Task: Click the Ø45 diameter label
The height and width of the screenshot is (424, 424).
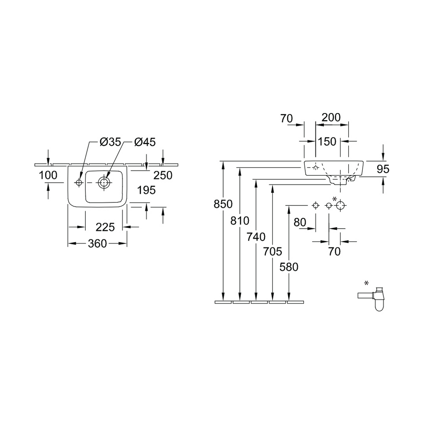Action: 145,142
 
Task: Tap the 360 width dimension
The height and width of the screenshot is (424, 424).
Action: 97,243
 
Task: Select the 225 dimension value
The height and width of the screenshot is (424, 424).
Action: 105,227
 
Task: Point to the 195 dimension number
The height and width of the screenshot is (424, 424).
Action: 146,190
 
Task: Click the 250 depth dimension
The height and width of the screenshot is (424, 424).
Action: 163,176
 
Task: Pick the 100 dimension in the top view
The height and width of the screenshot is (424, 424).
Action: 48,175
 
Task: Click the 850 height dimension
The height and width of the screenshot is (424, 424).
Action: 223,204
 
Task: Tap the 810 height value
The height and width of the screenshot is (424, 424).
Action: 240,221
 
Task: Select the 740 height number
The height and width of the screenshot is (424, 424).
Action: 256,237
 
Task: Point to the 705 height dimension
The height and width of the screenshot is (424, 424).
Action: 272,251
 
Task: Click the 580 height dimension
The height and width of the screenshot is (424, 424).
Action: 289,267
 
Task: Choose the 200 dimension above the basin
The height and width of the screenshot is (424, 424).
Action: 331,117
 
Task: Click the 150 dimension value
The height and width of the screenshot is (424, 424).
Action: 327,142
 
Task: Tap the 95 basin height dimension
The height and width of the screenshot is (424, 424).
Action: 383,169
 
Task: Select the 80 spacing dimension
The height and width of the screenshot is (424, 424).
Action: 300,222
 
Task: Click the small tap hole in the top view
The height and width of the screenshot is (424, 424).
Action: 79,183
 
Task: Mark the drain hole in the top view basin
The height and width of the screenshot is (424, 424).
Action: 104,183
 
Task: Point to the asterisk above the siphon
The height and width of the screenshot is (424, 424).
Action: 366,283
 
